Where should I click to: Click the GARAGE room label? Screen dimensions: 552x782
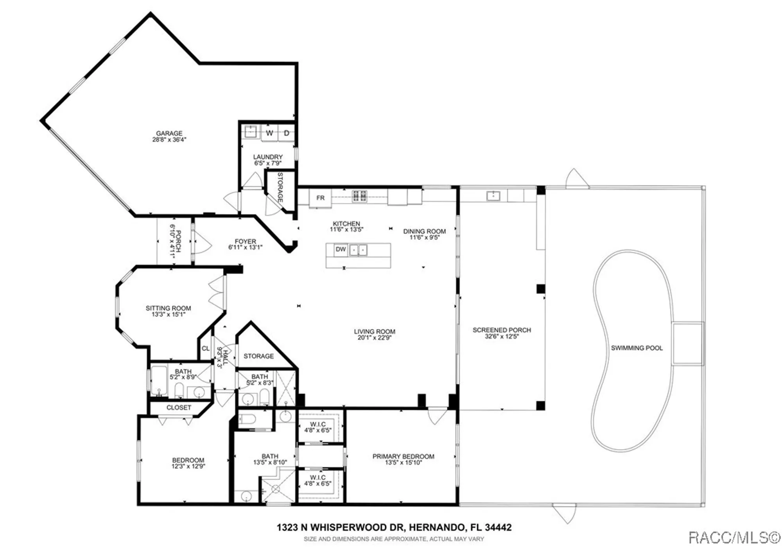169,133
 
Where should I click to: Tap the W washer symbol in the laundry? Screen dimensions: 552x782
269,133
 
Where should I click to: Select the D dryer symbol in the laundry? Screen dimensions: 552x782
287,133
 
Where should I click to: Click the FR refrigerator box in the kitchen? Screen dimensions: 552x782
320,198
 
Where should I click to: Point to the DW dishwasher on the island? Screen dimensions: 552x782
341,249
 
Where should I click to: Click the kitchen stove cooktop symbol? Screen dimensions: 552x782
359,196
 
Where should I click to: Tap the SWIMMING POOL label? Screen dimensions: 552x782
637,348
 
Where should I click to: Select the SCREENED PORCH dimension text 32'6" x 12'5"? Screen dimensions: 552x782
502,336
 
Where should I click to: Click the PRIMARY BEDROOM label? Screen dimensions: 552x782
403,456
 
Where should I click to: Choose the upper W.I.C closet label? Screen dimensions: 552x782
317,424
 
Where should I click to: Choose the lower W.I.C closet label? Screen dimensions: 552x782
317,477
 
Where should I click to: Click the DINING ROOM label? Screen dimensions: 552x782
424,231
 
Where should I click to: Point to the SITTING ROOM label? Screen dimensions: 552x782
168,308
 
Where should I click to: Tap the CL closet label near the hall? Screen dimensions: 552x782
206,348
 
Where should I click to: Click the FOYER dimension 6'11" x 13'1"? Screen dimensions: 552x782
245,247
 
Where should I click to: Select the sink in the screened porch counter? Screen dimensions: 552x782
493,195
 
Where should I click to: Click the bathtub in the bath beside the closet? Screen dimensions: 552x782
159,379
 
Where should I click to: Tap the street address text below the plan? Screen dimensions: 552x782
394,527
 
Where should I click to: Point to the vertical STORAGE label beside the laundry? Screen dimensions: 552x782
280,187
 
